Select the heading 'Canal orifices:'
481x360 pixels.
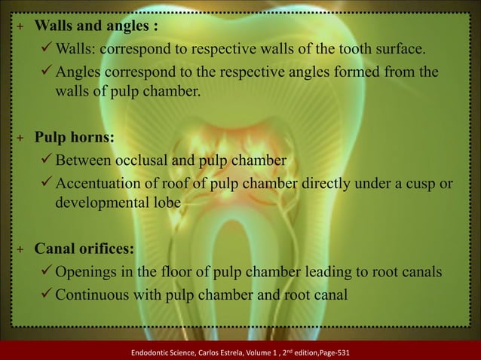pos(85,249)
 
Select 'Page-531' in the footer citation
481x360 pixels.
pos(329,352)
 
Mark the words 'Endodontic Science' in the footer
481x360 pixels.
pos(158,352)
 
